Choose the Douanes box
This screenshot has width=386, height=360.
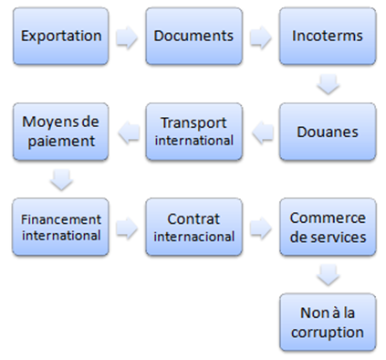coord(328,131)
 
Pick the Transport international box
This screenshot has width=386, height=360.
coord(193,131)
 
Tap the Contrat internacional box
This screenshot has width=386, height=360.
coord(193,228)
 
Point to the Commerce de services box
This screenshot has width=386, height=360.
coord(328,228)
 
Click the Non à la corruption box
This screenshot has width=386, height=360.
coord(328,320)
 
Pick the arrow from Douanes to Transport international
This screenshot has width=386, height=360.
coord(260,132)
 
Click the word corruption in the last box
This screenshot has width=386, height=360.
coord(328,333)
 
